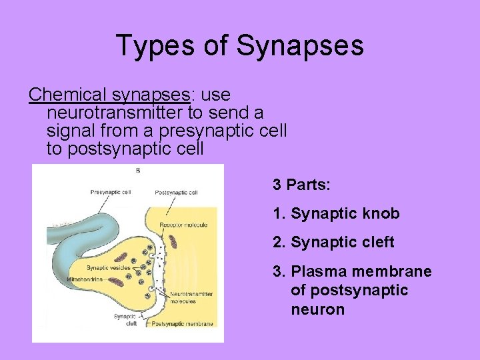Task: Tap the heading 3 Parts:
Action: (301, 185)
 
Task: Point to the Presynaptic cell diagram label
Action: (111, 192)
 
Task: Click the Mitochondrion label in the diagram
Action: (85, 279)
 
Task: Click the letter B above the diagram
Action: (137, 170)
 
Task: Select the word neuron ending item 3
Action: (317, 310)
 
